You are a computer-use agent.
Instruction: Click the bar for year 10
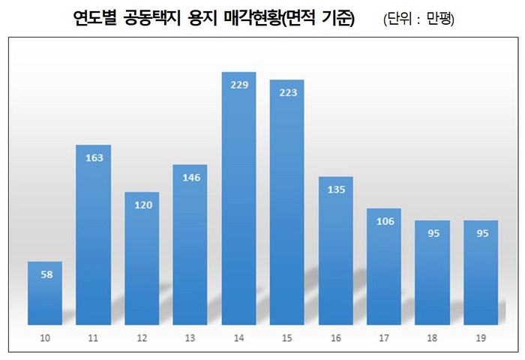pyautogui.click(x=45, y=293)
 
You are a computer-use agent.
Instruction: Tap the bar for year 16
pyautogui.click(x=335, y=251)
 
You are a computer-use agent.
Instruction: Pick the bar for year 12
pyautogui.click(x=142, y=258)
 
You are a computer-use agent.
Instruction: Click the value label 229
pyautogui.click(x=238, y=85)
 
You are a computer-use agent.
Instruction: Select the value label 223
pyautogui.click(x=287, y=92)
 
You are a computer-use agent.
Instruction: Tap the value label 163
pyautogui.click(x=94, y=157)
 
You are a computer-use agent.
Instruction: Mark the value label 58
pyautogui.click(x=45, y=274)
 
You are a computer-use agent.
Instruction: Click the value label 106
pyautogui.click(x=384, y=220)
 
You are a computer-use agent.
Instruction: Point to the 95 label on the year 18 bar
pyautogui.click(x=433, y=233)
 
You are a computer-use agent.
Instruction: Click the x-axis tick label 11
pyautogui.click(x=94, y=339)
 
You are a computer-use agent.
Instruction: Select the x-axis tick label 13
pyautogui.click(x=190, y=339)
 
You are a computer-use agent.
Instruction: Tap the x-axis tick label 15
pyautogui.click(x=287, y=339)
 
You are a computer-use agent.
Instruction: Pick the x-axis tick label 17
pyautogui.click(x=384, y=339)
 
